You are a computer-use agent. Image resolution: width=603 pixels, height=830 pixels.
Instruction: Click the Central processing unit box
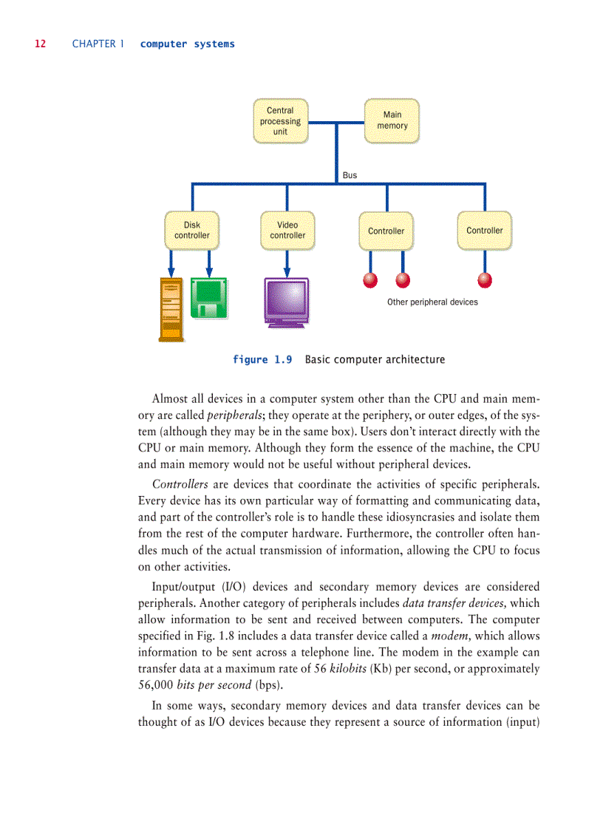click(280, 121)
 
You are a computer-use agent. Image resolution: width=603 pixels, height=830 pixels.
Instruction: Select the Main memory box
click(392, 120)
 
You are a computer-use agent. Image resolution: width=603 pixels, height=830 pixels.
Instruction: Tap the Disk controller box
click(192, 231)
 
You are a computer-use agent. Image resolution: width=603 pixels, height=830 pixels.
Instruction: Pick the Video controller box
click(287, 231)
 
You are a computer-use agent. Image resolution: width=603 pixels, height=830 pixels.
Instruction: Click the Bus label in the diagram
click(350, 175)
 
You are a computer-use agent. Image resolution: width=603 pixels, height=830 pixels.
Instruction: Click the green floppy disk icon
click(209, 298)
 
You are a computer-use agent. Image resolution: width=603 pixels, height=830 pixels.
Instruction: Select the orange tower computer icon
click(171, 308)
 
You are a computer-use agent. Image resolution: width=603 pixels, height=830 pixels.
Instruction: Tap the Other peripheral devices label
click(432, 302)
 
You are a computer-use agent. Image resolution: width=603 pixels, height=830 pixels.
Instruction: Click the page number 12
click(40, 44)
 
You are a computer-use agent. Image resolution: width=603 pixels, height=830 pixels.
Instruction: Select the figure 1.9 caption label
click(262, 360)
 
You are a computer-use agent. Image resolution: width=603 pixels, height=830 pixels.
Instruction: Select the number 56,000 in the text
click(156, 684)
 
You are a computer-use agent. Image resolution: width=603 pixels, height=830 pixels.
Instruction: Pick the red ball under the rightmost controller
click(485, 279)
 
